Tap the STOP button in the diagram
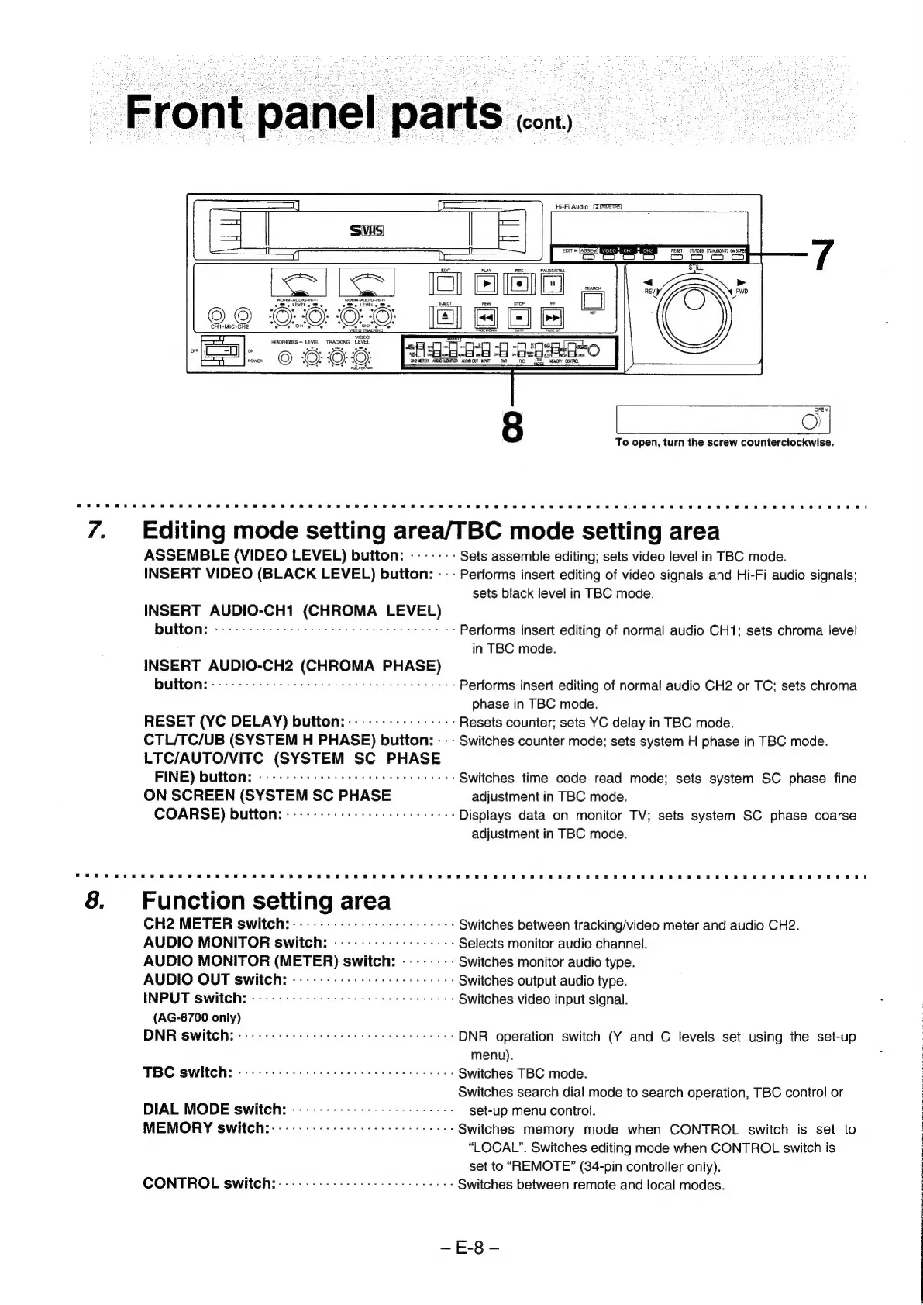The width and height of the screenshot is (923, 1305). (519, 318)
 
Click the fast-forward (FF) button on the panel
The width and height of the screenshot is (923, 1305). (553, 318)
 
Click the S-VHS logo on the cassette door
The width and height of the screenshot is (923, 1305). (368, 230)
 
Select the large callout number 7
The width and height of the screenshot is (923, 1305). (822, 254)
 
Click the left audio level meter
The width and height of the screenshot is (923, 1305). (299, 282)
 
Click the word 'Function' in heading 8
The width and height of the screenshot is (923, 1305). (192, 901)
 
